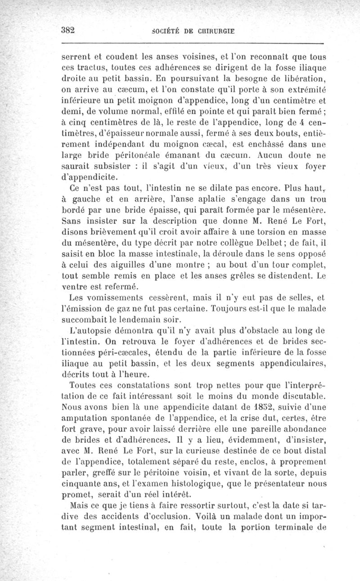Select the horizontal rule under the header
pyautogui.click(x=193, y=43)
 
